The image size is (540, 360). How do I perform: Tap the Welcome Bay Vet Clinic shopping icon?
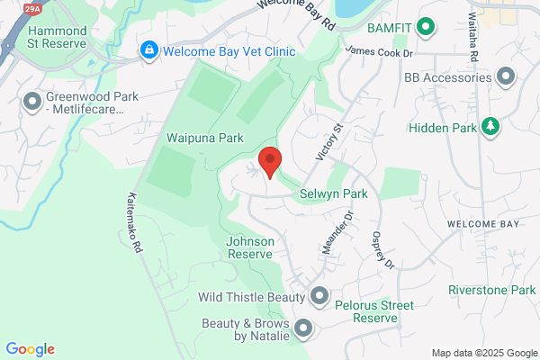click(148, 51)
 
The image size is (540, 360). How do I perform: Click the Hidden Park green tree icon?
click(490, 128)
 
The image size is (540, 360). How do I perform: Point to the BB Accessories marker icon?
click(506, 77)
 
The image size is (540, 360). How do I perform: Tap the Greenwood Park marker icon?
click(32, 103)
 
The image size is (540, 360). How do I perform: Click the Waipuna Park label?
click(205, 139)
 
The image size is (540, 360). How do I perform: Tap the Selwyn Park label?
click(335, 193)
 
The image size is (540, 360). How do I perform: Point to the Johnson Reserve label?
click(249, 247)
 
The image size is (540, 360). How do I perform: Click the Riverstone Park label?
click(492, 290)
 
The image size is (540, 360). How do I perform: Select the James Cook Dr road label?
click(378, 53)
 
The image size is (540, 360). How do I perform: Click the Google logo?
click(30, 349)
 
